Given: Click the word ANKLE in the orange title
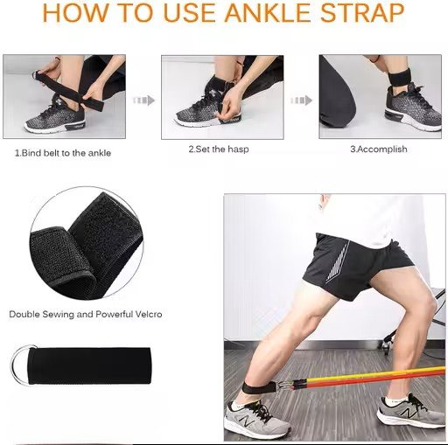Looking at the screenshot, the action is [x=267, y=12].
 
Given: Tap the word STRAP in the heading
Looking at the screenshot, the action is [x=362, y=12].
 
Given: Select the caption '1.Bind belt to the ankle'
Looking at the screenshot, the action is [x=63, y=153].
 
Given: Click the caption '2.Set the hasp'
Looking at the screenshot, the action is [x=219, y=149].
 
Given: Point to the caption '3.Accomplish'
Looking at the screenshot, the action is [x=379, y=149].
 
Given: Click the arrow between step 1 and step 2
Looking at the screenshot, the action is [x=143, y=101].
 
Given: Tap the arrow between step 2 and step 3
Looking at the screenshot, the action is [x=301, y=101].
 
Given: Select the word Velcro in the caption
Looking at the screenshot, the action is [x=149, y=314].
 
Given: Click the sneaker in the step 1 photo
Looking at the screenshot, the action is [x=55, y=117].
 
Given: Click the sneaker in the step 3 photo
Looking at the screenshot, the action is [x=413, y=107].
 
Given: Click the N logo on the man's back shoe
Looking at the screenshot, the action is [x=246, y=421].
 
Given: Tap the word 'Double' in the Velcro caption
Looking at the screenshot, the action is [x=24, y=314].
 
